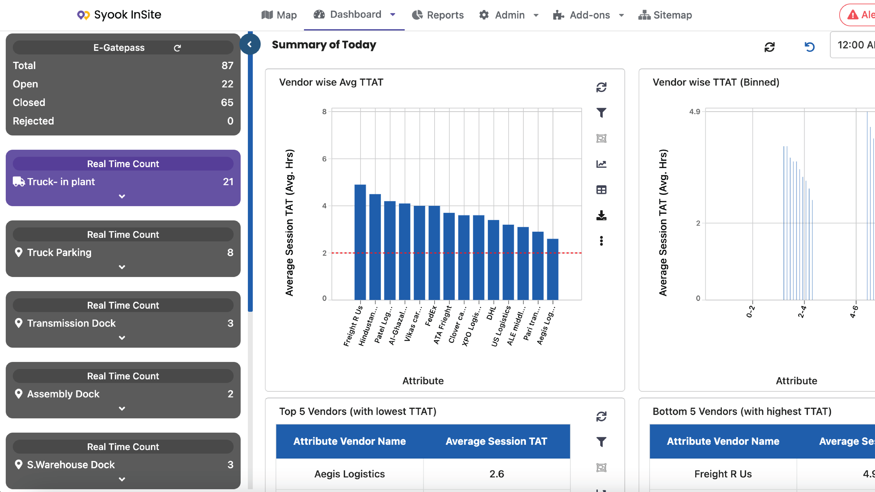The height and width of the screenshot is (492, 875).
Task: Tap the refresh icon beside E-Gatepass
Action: pyautogui.click(x=177, y=48)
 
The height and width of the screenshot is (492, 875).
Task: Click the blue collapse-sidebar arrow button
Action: pyautogui.click(x=250, y=44)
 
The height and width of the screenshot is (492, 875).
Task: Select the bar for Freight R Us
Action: pyautogui.click(x=360, y=242)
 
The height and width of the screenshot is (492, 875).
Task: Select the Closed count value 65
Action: pyautogui.click(x=227, y=102)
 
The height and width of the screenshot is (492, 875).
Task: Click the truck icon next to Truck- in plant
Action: pyautogui.click(x=19, y=182)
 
